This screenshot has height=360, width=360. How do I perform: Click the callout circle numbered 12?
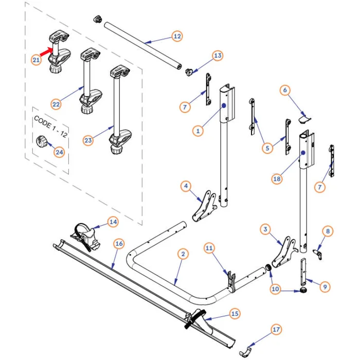[x=177, y=37]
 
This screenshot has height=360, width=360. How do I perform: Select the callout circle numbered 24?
[x=60, y=152]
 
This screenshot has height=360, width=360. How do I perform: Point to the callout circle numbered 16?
[x=119, y=243]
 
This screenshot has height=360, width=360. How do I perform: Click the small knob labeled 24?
[x=41, y=140]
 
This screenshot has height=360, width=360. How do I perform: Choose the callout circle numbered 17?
[x=276, y=329]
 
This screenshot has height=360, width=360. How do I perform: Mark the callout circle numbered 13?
[x=218, y=56]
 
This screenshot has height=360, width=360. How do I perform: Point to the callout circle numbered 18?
[x=277, y=178]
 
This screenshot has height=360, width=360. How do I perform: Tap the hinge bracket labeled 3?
[x=283, y=253]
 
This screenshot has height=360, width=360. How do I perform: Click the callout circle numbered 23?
[x=88, y=140]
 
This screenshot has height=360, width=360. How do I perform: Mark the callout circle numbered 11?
[x=209, y=248]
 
